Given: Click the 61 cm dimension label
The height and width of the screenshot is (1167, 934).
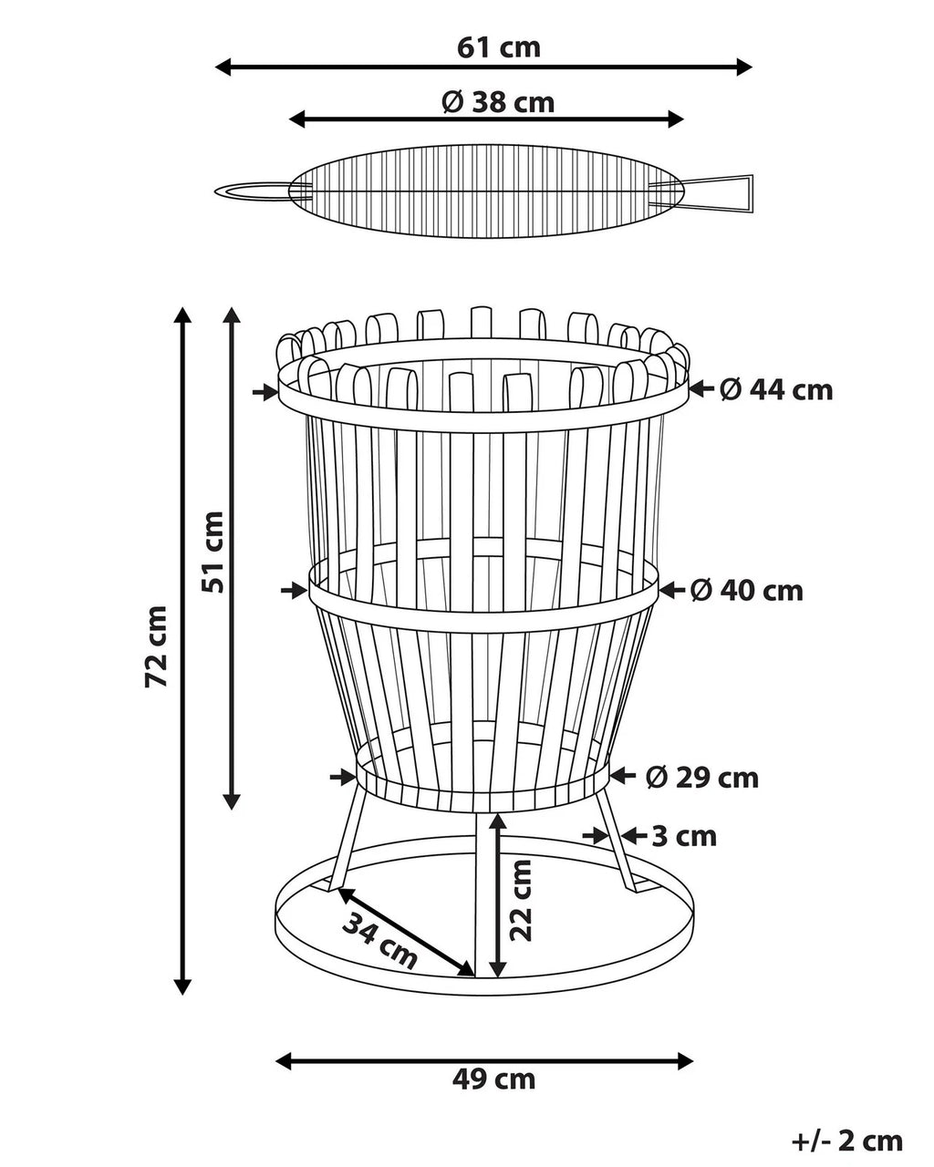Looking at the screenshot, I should (498, 46).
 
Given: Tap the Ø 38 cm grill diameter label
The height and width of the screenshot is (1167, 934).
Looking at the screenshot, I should (498, 101).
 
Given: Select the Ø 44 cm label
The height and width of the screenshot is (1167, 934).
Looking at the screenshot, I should (776, 390).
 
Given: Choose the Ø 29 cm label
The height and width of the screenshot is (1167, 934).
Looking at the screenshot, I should (702, 778).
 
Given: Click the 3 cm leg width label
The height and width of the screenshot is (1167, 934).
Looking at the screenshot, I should (684, 836).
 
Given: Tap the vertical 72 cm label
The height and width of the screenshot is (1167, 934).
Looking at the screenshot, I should (157, 645).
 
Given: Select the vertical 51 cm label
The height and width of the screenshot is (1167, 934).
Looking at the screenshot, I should (213, 553).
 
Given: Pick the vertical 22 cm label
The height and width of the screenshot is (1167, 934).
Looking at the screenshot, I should (521, 900).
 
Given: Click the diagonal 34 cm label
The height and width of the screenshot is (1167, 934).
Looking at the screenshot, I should (380, 940).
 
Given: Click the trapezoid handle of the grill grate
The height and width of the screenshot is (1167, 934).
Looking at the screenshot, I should (717, 192).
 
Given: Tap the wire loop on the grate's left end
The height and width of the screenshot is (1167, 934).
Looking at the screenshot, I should (251, 191).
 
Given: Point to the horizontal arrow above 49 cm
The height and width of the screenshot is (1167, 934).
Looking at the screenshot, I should (484, 1060).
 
